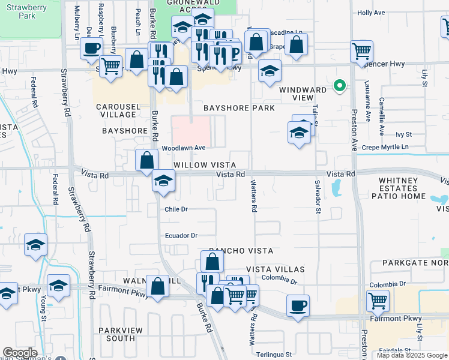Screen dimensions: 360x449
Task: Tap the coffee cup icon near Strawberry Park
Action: pos(92,48)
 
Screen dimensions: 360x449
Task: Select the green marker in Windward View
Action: pos(339,86)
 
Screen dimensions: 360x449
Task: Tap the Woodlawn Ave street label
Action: pos(184,148)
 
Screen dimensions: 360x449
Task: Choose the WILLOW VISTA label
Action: pos(203,164)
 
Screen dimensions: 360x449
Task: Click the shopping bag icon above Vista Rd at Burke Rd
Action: pos(147,161)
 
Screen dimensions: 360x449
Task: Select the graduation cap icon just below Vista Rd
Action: pos(163,181)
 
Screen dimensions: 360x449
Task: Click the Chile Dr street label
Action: pos(176,209)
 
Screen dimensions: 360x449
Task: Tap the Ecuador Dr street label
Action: pos(181,236)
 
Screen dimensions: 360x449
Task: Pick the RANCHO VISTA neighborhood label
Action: pos(241,250)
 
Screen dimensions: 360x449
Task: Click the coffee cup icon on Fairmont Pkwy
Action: pos(298,305)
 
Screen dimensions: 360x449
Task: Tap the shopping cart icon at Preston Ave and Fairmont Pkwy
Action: pos(378,301)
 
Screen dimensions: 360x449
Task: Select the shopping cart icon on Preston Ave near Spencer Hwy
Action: pos(361,52)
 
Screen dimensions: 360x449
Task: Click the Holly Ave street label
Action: pos(388,13)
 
